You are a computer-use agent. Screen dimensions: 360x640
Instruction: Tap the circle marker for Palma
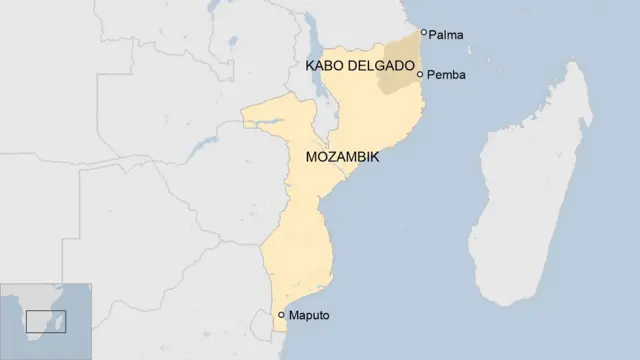pyautogui.click(x=424, y=33)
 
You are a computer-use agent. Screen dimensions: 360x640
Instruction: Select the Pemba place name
pyautogui.click(x=447, y=75)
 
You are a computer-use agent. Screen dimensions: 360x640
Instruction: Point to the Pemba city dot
pyautogui.click(x=421, y=74)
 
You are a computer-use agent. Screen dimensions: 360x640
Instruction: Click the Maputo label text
pyautogui.click(x=309, y=316)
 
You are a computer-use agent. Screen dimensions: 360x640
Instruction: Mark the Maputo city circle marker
pyautogui.click(x=282, y=315)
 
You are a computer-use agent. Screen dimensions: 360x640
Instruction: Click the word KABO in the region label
pyautogui.click(x=325, y=65)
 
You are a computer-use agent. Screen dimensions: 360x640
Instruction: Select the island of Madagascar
pyautogui.click(x=535, y=180)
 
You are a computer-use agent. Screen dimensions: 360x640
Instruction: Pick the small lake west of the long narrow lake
pyautogui.click(x=232, y=47)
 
